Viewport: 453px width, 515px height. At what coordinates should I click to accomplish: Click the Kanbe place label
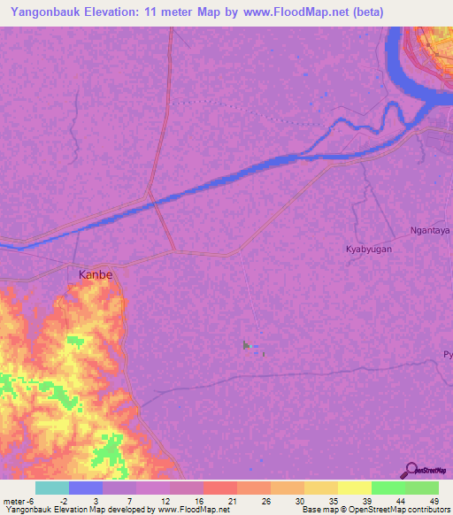tap(96, 274)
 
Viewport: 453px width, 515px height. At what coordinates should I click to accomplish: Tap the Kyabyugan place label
tap(368, 250)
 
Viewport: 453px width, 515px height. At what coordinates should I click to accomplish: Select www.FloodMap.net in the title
tap(285, 12)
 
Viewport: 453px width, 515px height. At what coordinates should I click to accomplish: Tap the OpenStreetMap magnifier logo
tap(410, 471)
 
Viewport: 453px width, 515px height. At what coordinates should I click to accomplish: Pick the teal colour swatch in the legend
tap(52, 488)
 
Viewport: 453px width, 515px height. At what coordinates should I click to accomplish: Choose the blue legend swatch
tap(86, 488)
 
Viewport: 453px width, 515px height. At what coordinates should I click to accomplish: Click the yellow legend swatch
tap(355, 488)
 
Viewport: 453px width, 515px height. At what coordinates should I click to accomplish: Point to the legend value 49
tap(434, 500)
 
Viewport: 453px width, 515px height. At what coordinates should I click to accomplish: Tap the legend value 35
tap(333, 500)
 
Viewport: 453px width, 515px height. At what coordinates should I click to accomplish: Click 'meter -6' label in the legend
tap(18, 500)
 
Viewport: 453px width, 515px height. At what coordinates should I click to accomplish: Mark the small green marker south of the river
tap(246, 345)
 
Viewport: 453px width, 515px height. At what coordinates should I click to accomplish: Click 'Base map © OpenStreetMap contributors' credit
tap(374, 510)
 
